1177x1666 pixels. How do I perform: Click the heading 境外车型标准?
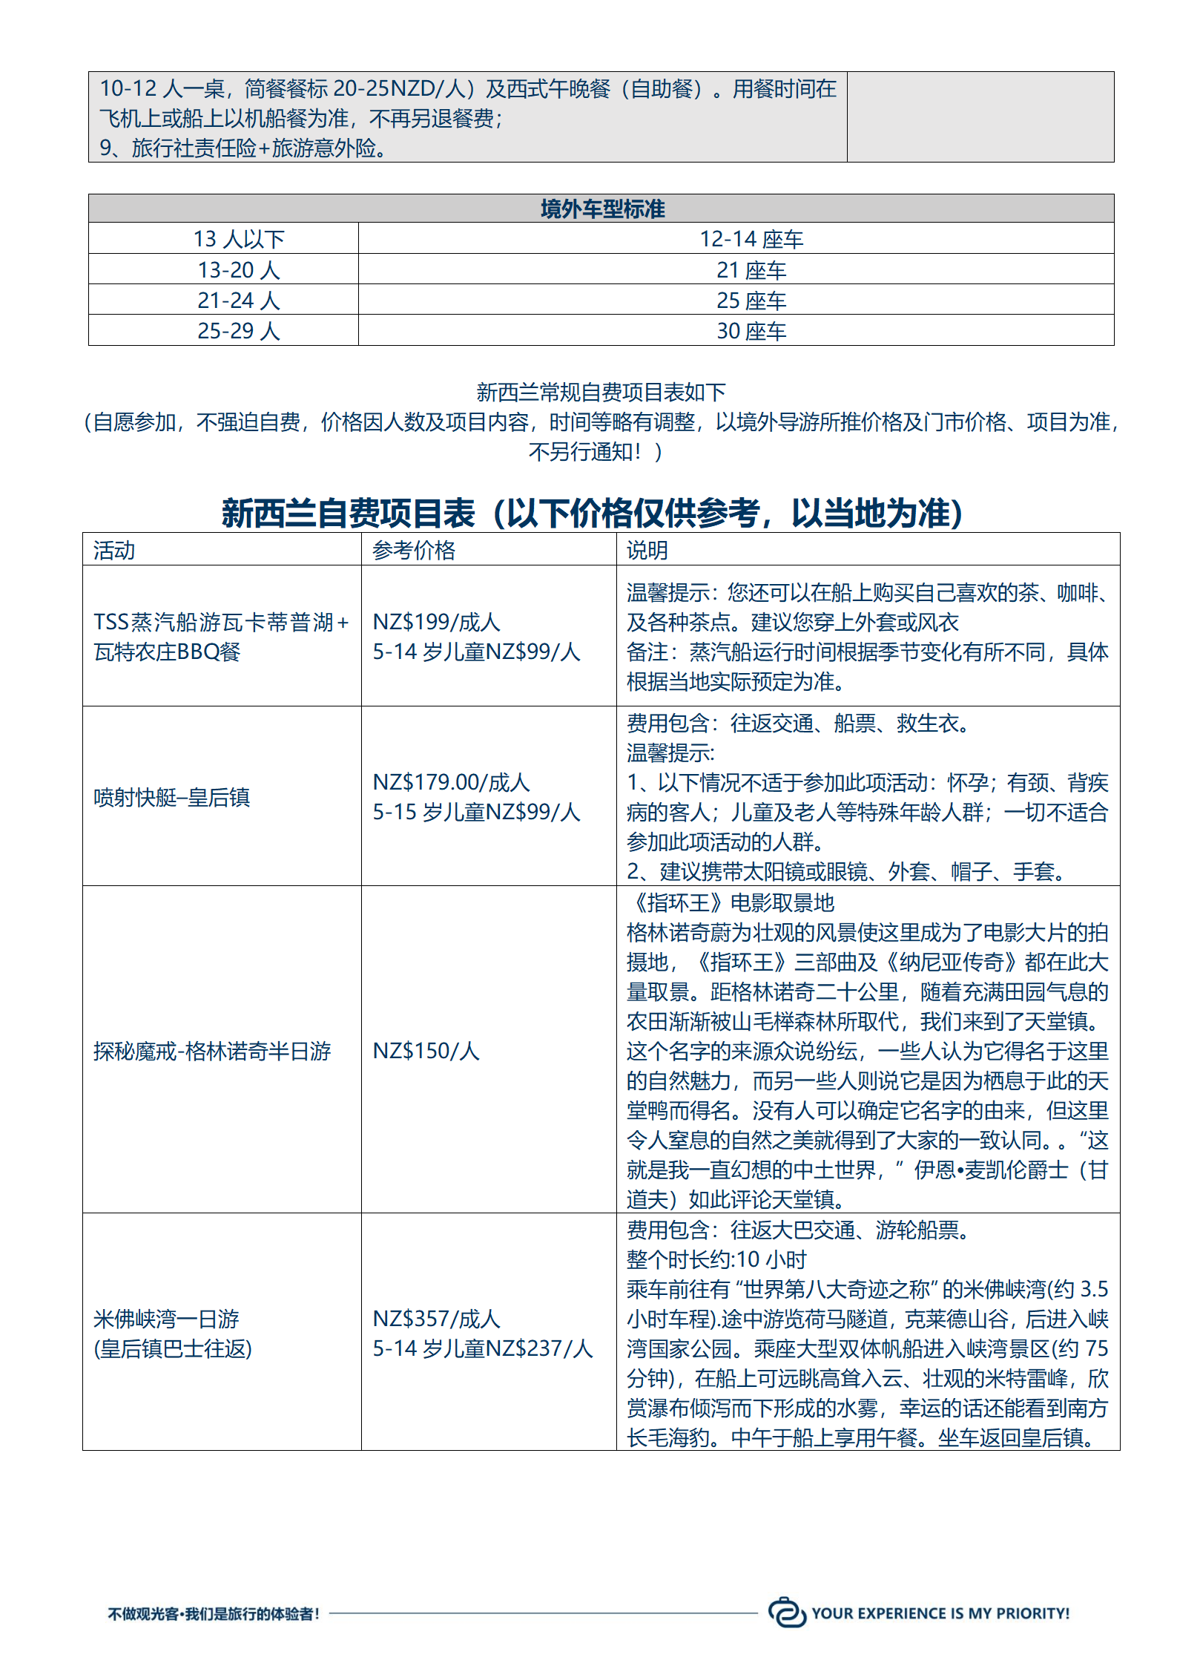point(601,209)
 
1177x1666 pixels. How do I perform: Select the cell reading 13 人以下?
point(239,239)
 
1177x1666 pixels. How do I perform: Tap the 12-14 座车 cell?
point(751,239)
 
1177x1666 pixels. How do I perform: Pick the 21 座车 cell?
point(751,270)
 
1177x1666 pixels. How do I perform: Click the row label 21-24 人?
point(239,301)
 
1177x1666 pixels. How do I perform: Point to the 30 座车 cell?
point(751,331)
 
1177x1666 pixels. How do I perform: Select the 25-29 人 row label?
point(239,331)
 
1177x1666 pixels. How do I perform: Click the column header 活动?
point(114,551)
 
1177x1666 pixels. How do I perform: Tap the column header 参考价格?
point(414,551)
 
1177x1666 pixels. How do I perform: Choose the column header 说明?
point(647,551)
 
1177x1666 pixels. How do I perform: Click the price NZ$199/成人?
point(436,622)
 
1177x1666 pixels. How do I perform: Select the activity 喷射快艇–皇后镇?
point(171,798)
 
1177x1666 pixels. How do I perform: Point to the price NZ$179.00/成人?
point(451,782)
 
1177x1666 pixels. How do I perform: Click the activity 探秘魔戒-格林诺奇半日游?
point(212,1051)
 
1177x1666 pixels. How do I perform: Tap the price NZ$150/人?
point(426,1051)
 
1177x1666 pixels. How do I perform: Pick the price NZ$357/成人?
point(436,1319)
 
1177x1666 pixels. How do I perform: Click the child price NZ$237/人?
point(539,1348)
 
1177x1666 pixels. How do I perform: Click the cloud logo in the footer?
point(786,1613)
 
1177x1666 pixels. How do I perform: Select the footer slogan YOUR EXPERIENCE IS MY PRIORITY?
point(940,1613)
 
